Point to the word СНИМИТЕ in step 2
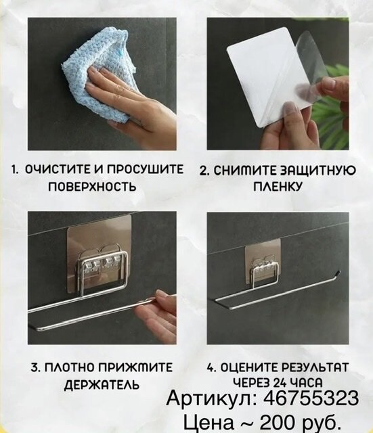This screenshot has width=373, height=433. (x=238, y=171)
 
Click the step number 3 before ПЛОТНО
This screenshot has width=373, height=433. (x=33, y=367)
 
